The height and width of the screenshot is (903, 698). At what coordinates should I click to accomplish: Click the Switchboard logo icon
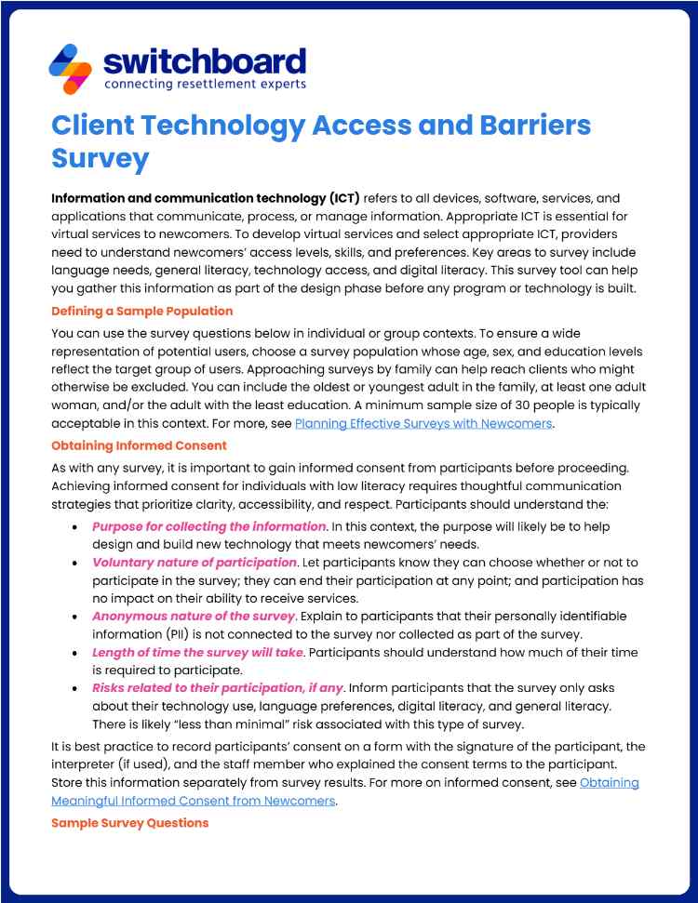coord(70,68)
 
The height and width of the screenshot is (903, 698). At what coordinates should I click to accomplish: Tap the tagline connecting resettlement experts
coord(204,85)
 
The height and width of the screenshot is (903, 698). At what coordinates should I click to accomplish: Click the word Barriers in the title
coord(520,125)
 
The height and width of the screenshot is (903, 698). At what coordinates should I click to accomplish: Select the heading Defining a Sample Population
coord(141,311)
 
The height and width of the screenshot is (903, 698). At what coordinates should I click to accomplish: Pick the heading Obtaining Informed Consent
coord(139,445)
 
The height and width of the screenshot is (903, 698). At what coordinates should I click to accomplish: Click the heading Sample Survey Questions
coord(129,823)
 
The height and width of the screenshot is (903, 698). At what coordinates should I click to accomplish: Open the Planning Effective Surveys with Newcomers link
coord(423,424)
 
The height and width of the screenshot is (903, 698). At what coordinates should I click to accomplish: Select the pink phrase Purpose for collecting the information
coord(208,526)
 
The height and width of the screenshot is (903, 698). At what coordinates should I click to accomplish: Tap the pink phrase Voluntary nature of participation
coord(194,563)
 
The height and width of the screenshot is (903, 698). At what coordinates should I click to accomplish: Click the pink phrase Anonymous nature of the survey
coord(194,616)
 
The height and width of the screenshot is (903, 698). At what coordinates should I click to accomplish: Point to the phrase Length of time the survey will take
coord(197,652)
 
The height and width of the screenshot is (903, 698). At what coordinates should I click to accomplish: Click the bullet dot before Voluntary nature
coord(74,564)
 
